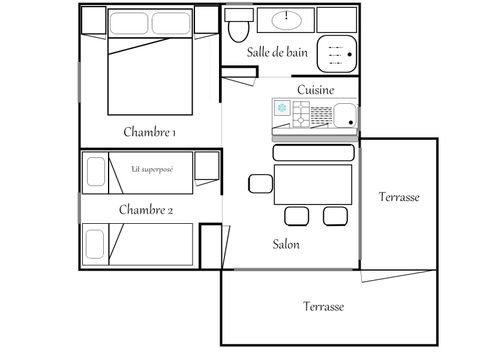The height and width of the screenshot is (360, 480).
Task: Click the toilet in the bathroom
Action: (x=237, y=29)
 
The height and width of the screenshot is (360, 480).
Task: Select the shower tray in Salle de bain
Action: (x=338, y=49)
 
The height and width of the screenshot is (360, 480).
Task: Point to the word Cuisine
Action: (x=315, y=89)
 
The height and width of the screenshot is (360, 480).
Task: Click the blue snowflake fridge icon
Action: (x=281, y=108)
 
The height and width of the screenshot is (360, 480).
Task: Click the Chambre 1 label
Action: (x=151, y=132)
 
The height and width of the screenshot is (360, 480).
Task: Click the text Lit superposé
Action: (x=152, y=169)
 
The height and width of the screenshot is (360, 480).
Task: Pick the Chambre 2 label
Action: (x=146, y=209)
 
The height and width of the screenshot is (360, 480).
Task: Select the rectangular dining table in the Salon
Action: (x=313, y=185)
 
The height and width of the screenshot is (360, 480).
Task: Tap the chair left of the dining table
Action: (x=259, y=183)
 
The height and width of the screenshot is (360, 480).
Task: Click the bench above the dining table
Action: (x=312, y=152)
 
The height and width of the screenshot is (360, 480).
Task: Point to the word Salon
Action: (x=286, y=243)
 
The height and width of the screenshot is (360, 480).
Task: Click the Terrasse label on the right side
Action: (x=400, y=197)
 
